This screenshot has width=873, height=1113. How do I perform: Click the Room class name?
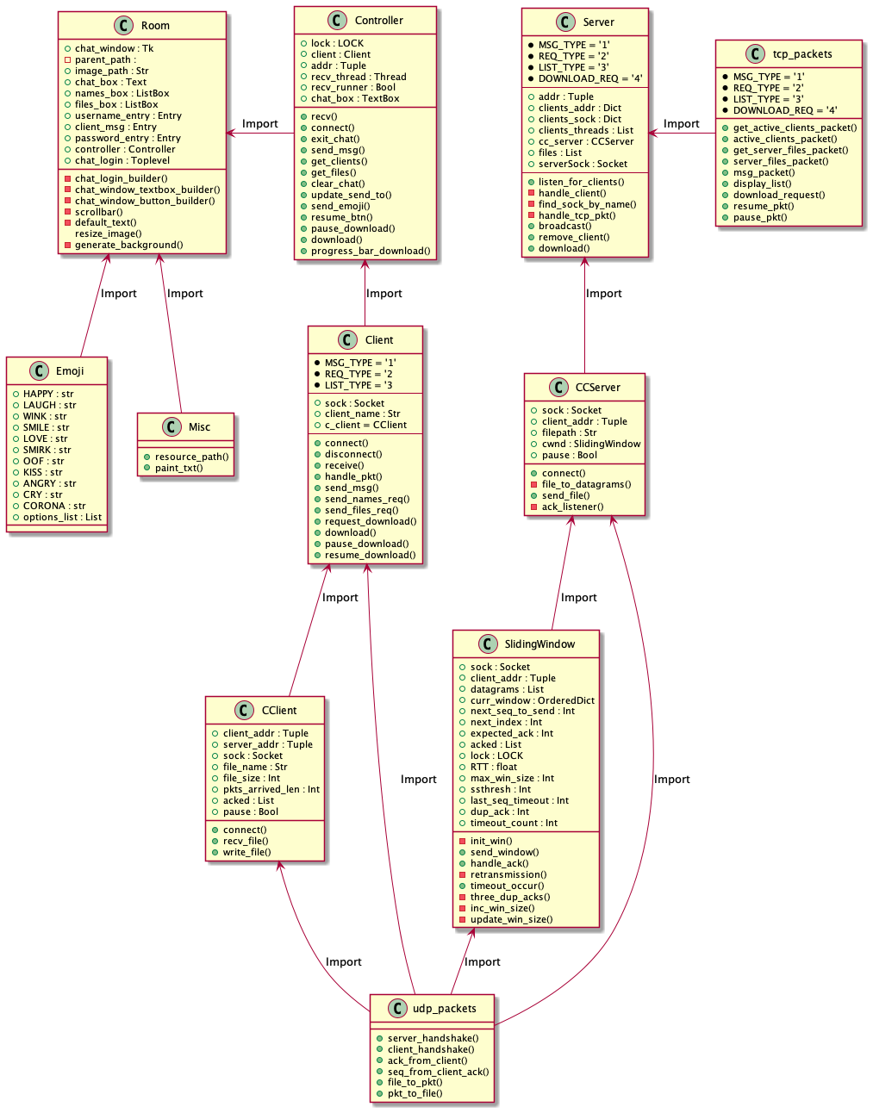[155, 26]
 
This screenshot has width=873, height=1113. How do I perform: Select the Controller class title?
[378, 21]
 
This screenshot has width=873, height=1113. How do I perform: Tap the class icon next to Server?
[565, 22]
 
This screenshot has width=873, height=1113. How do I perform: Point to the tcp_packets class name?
[801, 54]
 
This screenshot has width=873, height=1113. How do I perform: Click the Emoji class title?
[70, 371]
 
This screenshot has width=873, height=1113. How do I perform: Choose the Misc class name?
[199, 427]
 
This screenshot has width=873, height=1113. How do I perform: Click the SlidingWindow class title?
[539, 644]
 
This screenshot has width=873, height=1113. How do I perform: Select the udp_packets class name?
[444, 1009]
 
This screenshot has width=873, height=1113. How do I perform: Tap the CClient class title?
[278, 711]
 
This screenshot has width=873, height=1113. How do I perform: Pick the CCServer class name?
[597, 388]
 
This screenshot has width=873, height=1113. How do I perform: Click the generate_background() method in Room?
[128, 245]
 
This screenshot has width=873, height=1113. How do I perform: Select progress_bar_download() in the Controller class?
[371, 251]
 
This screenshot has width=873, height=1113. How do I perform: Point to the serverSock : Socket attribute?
[583, 164]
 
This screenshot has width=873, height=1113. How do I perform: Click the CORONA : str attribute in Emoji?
[54, 506]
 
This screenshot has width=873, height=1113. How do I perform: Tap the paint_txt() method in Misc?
[178, 468]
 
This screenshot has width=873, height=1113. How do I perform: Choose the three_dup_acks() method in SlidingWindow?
[509, 897]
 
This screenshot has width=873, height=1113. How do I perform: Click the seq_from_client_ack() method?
[438, 1072]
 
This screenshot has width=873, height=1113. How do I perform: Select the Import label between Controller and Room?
[259, 124]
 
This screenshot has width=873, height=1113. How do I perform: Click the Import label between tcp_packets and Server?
[681, 124]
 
